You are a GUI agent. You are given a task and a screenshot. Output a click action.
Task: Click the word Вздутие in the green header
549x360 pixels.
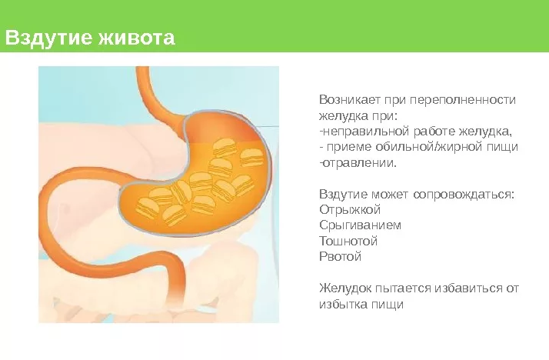(x=48, y=38)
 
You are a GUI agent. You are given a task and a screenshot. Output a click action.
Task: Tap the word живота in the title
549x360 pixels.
(x=136, y=38)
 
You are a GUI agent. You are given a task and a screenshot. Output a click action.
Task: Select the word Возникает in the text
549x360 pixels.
(x=349, y=100)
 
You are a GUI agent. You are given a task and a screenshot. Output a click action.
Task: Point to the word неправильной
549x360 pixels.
(x=366, y=132)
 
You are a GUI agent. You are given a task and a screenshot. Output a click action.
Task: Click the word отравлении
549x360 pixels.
(x=360, y=163)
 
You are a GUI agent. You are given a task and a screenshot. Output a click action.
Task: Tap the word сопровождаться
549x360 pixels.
(x=464, y=194)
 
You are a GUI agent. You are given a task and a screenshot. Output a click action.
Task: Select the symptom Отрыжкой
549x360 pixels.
(x=350, y=210)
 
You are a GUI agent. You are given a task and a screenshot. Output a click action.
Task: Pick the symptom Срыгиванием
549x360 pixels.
(x=361, y=225)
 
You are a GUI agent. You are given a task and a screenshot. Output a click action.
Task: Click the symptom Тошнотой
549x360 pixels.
(x=348, y=241)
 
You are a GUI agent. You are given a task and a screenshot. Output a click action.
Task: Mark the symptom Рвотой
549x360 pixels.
(x=341, y=257)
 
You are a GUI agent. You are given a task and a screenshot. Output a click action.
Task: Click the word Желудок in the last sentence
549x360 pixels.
(x=345, y=288)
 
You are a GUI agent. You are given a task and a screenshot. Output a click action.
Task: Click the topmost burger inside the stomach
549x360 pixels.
(x=224, y=147)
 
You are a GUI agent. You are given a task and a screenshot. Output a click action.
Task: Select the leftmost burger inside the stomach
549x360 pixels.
(x=148, y=208)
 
